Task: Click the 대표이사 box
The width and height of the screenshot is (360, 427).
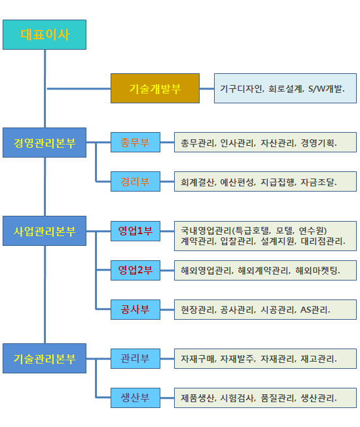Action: pyautogui.click(x=45, y=35)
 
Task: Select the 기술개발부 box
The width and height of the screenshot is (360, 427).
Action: pyautogui.click(x=154, y=88)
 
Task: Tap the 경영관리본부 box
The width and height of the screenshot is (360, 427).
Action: pyautogui.click(x=45, y=143)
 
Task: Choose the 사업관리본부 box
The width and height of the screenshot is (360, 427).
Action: pyautogui.click(x=45, y=231)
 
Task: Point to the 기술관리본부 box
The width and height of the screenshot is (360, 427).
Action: pyautogui.click(x=45, y=358)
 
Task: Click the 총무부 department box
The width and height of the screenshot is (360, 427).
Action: pyautogui.click(x=135, y=142)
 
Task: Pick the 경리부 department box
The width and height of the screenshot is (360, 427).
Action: pyautogui.click(x=135, y=181)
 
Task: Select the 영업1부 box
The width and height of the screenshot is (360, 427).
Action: pyautogui.click(x=135, y=231)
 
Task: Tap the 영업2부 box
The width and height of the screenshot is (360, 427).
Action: pyautogui.click(x=135, y=270)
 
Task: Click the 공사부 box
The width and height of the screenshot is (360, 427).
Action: pyautogui.click(x=135, y=309)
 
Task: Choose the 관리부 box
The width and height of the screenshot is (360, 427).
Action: pyautogui.click(x=135, y=358)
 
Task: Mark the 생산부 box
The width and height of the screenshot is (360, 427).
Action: pyautogui.click(x=135, y=398)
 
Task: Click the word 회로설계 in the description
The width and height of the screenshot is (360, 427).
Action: pyautogui.click(x=285, y=88)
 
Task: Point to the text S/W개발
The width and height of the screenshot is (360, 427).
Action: pyautogui.click(x=326, y=88)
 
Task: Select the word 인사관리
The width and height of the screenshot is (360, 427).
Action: pyautogui.click(x=237, y=143)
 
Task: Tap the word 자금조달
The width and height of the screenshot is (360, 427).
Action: pyautogui.click(x=318, y=182)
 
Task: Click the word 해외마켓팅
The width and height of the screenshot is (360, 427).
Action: pyautogui.click(x=317, y=271)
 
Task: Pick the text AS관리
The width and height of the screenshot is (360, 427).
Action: pyautogui.click(x=315, y=310)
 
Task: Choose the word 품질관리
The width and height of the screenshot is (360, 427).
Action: pyautogui.click(x=278, y=398)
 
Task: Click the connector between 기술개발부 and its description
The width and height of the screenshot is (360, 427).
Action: pyautogui.click(x=207, y=88)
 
